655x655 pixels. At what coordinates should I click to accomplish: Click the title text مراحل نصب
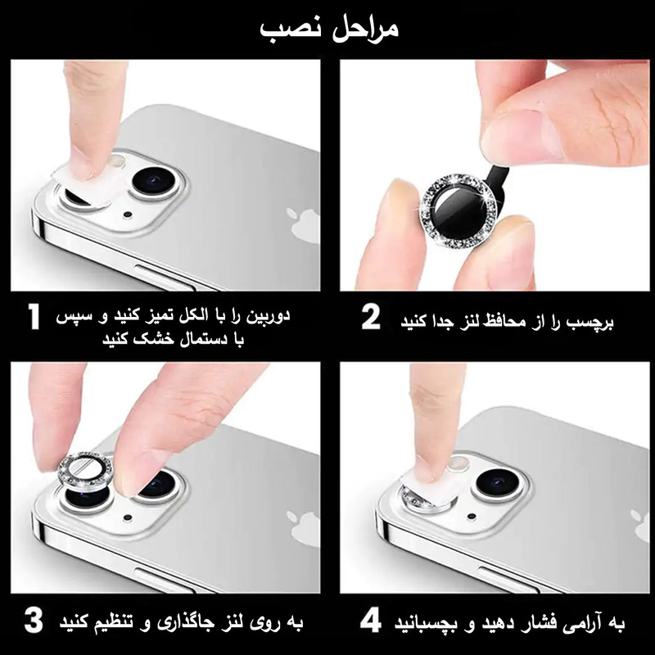pyautogui.click(x=330, y=29)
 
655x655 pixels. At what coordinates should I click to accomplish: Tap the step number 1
pyautogui.click(x=34, y=317)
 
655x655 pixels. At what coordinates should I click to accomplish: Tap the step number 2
pyautogui.click(x=371, y=317)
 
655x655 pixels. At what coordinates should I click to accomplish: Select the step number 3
pyautogui.click(x=34, y=620)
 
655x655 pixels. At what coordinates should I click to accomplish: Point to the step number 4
pyautogui.click(x=371, y=620)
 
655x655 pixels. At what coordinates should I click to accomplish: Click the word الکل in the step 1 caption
pyautogui.click(x=192, y=316)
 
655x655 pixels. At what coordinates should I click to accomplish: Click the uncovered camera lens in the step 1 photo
pyautogui.click(x=156, y=180)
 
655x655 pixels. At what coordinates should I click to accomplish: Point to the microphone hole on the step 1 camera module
pyautogui.click(x=128, y=215)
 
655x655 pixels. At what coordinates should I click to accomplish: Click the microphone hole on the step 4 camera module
pyautogui.click(x=472, y=517)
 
